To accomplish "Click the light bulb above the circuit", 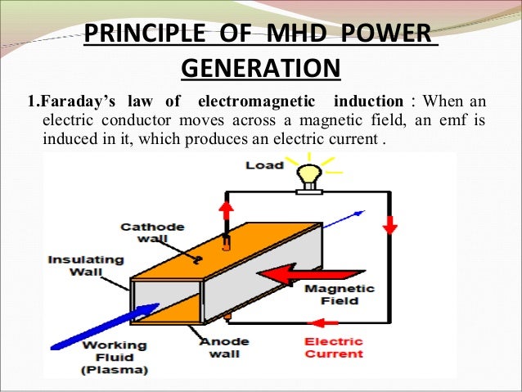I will (308, 174).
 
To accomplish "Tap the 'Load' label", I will (264, 165).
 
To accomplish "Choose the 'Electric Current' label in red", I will (333, 347).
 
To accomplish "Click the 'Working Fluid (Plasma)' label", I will (115, 358).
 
